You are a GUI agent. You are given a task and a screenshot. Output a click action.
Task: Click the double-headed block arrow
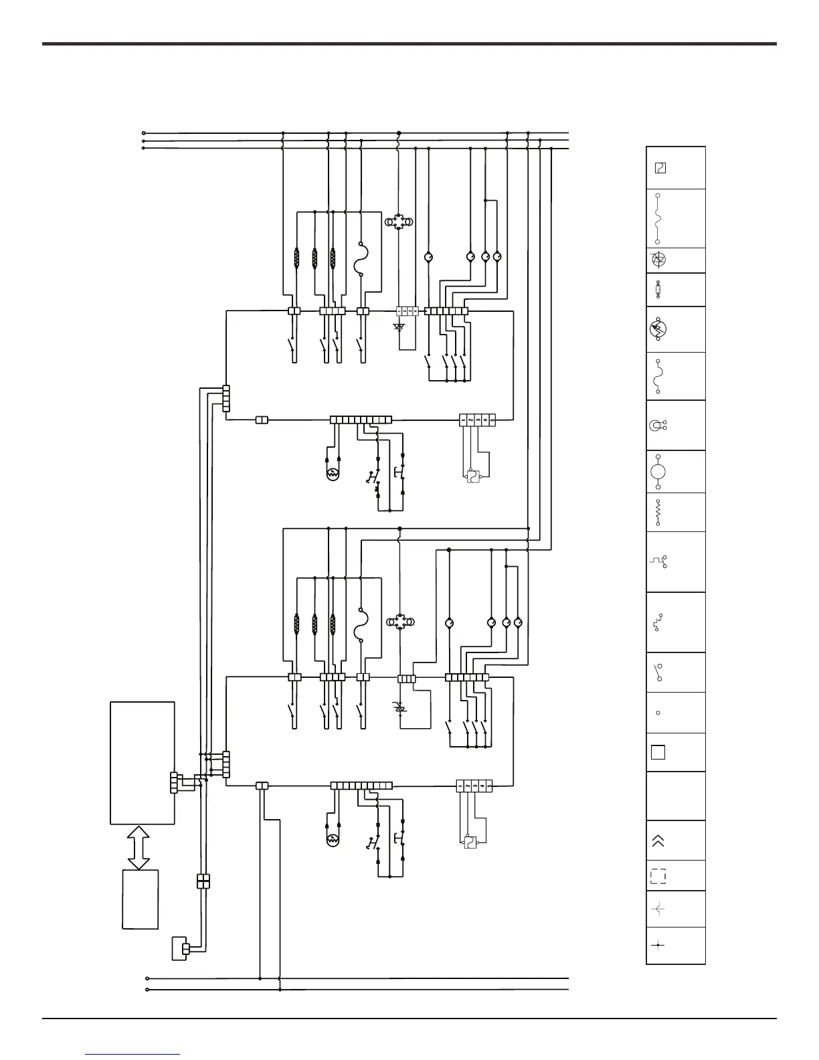click(x=139, y=847)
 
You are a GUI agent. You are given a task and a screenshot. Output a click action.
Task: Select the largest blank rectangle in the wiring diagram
click(x=143, y=763)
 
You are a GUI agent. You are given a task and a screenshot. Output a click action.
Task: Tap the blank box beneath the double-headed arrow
click(x=141, y=899)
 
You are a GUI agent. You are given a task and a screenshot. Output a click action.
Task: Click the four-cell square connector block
click(x=203, y=881)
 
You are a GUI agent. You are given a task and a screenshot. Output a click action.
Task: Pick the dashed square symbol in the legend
click(x=658, y=876)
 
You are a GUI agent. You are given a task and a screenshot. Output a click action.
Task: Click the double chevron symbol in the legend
click(x=658, y=841)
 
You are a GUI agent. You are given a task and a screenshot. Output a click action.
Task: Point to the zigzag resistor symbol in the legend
click(x=658, y=512)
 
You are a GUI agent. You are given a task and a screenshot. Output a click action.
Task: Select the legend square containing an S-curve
click(x=659, y=167)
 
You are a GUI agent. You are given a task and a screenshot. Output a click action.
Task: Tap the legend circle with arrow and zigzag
click(x=658, y=329)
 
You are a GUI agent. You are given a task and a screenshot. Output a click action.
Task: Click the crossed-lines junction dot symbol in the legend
click(x=658, y=946)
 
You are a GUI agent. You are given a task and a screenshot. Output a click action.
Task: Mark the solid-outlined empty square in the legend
click(x=658, y=752)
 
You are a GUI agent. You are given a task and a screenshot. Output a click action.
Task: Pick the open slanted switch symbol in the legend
click(x=658, y=672)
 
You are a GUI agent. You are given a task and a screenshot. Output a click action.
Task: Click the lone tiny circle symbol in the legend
click(x=658, y=713)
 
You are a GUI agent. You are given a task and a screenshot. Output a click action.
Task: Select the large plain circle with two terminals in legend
click(x=658, y=472)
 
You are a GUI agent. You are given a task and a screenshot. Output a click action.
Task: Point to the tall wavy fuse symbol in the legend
click(x=658, y=219)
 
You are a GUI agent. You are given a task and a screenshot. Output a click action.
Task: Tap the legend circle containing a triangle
click(x=658, y=260)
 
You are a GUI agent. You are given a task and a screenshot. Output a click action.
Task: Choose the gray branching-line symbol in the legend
click(x=658, y=909)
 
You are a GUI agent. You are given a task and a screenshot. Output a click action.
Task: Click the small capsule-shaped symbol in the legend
click(x=658, y=290)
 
